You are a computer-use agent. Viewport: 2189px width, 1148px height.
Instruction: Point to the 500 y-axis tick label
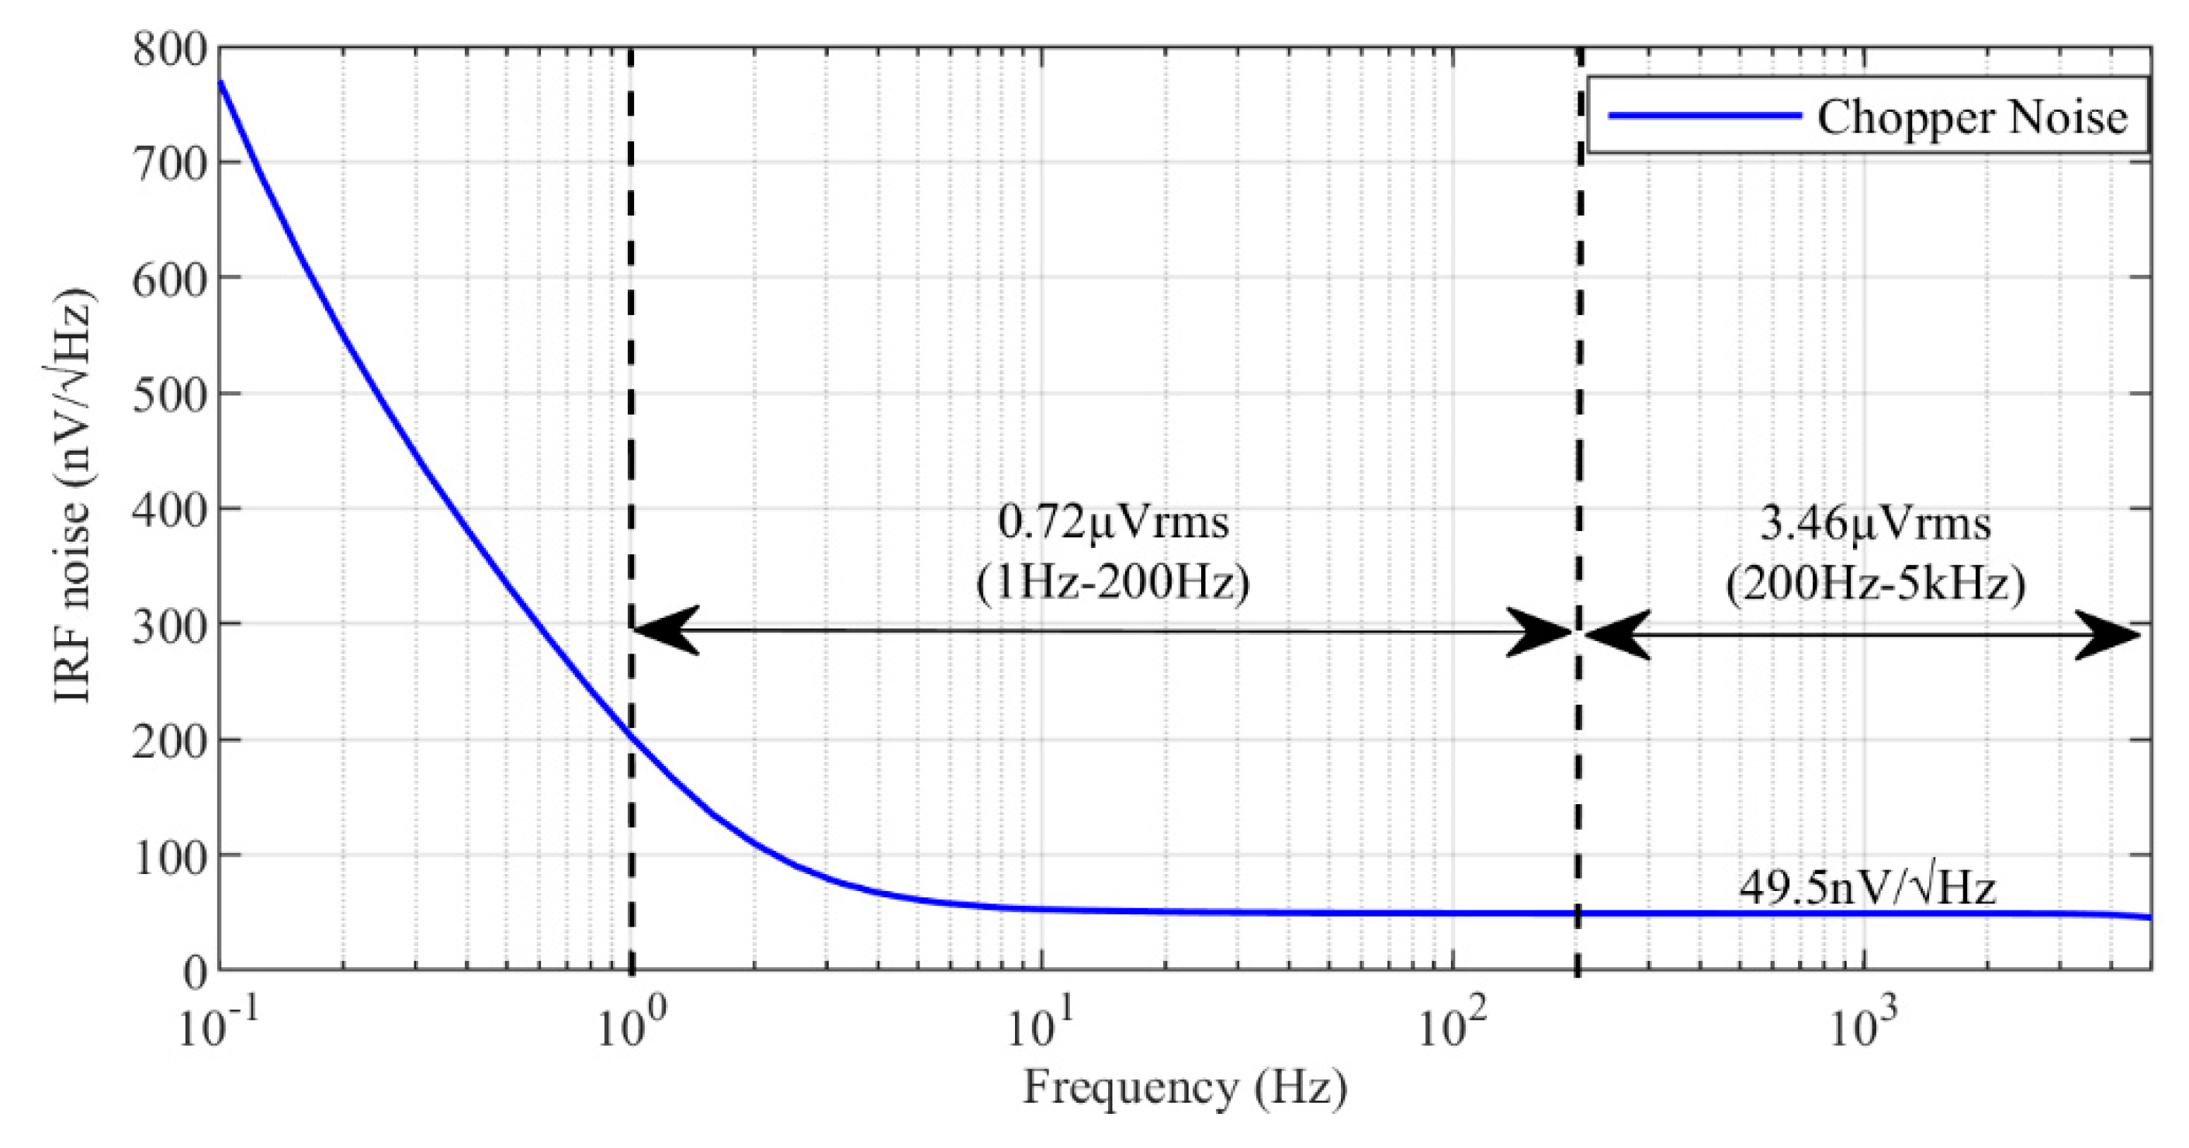[169, 396]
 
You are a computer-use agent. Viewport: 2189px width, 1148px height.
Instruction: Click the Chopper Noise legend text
[1972, 117]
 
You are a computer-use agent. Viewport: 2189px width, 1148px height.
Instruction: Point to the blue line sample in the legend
[1704, 115]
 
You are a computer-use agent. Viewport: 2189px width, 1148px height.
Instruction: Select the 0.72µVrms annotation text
[1114, 522]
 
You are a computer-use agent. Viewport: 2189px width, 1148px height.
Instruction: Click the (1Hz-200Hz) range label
[1114, 584]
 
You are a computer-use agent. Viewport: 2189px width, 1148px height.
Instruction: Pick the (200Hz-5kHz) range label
[1875, 584]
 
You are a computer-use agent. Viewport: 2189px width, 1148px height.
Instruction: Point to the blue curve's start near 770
[221, 82]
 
